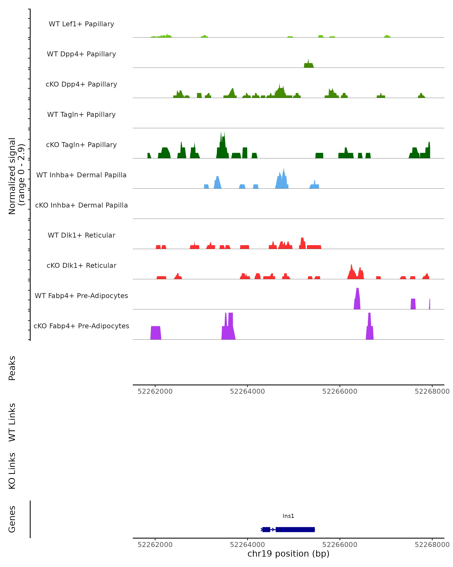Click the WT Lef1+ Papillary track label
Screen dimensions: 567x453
coord(81,24)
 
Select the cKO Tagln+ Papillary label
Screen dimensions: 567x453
coord(81,145)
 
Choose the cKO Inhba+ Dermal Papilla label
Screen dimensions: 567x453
coord(81,205)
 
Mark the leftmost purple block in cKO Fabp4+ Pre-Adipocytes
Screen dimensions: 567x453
coord(156,333)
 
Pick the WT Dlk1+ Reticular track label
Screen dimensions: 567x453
coord(81,235)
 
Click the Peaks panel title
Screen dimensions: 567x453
coord(12,368)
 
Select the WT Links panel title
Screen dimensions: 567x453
coord(12,422)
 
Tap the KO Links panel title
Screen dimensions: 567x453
coord(12,471)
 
